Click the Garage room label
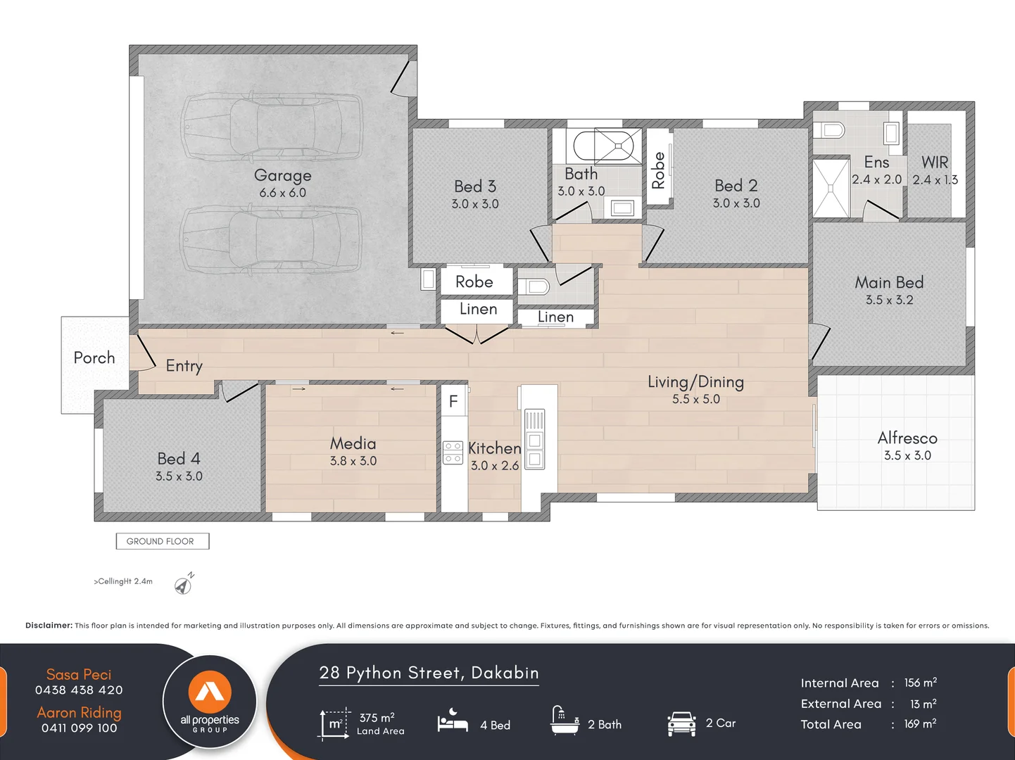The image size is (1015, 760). (282, 175)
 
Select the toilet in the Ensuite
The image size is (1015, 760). (829, 130)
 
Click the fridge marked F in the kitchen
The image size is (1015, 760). (453, 401)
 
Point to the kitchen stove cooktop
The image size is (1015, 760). (453, 452)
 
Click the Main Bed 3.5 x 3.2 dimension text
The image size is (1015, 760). (889, 300)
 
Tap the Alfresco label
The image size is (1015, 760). (907, 438)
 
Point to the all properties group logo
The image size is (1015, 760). (210, 701)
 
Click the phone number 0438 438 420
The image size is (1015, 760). (79, 690)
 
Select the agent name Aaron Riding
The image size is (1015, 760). (79, 712)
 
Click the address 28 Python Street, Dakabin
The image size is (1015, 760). (429, 673)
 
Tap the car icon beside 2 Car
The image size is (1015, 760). (681, 724)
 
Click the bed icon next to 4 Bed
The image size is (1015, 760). (453, 722)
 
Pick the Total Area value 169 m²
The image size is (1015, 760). (920, 723)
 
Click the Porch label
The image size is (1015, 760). (94, 357)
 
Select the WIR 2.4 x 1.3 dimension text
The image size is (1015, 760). (935, 180)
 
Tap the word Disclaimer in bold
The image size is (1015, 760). (49, 625)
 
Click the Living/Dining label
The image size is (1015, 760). (695, 381)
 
